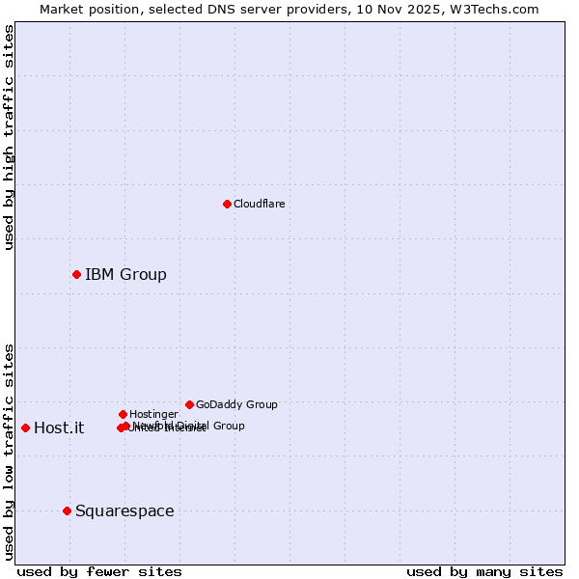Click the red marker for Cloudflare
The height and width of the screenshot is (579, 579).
[x=227, y=204]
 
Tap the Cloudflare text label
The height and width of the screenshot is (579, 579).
[x=259, y=204]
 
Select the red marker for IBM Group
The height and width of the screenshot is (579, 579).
[x=76, y=275]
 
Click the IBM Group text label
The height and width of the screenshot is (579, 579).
[x=125, y=275]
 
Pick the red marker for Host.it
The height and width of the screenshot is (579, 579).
[x=25, y=427]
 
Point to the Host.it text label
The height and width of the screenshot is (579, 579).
[x=59, y=428]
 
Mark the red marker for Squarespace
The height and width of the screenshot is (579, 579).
[x=67, y=510]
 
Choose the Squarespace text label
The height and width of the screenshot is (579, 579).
[x=124, y=511]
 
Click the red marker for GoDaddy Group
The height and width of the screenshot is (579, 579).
[x=189, y=404]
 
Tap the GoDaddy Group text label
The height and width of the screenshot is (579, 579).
[x=236, y=404]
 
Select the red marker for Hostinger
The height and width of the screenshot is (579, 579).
[x=123, y=414]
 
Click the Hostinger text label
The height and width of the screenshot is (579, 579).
[x=153, y=414]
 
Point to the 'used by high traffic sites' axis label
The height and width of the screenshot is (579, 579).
[x=9, y=137]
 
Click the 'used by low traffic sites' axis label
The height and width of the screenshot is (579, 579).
[x=9, y=452]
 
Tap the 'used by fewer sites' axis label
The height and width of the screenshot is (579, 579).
[x=99, y=571]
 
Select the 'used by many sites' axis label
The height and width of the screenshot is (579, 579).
[x=484, y=571]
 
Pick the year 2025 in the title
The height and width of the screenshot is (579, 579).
[x=429, y=9]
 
